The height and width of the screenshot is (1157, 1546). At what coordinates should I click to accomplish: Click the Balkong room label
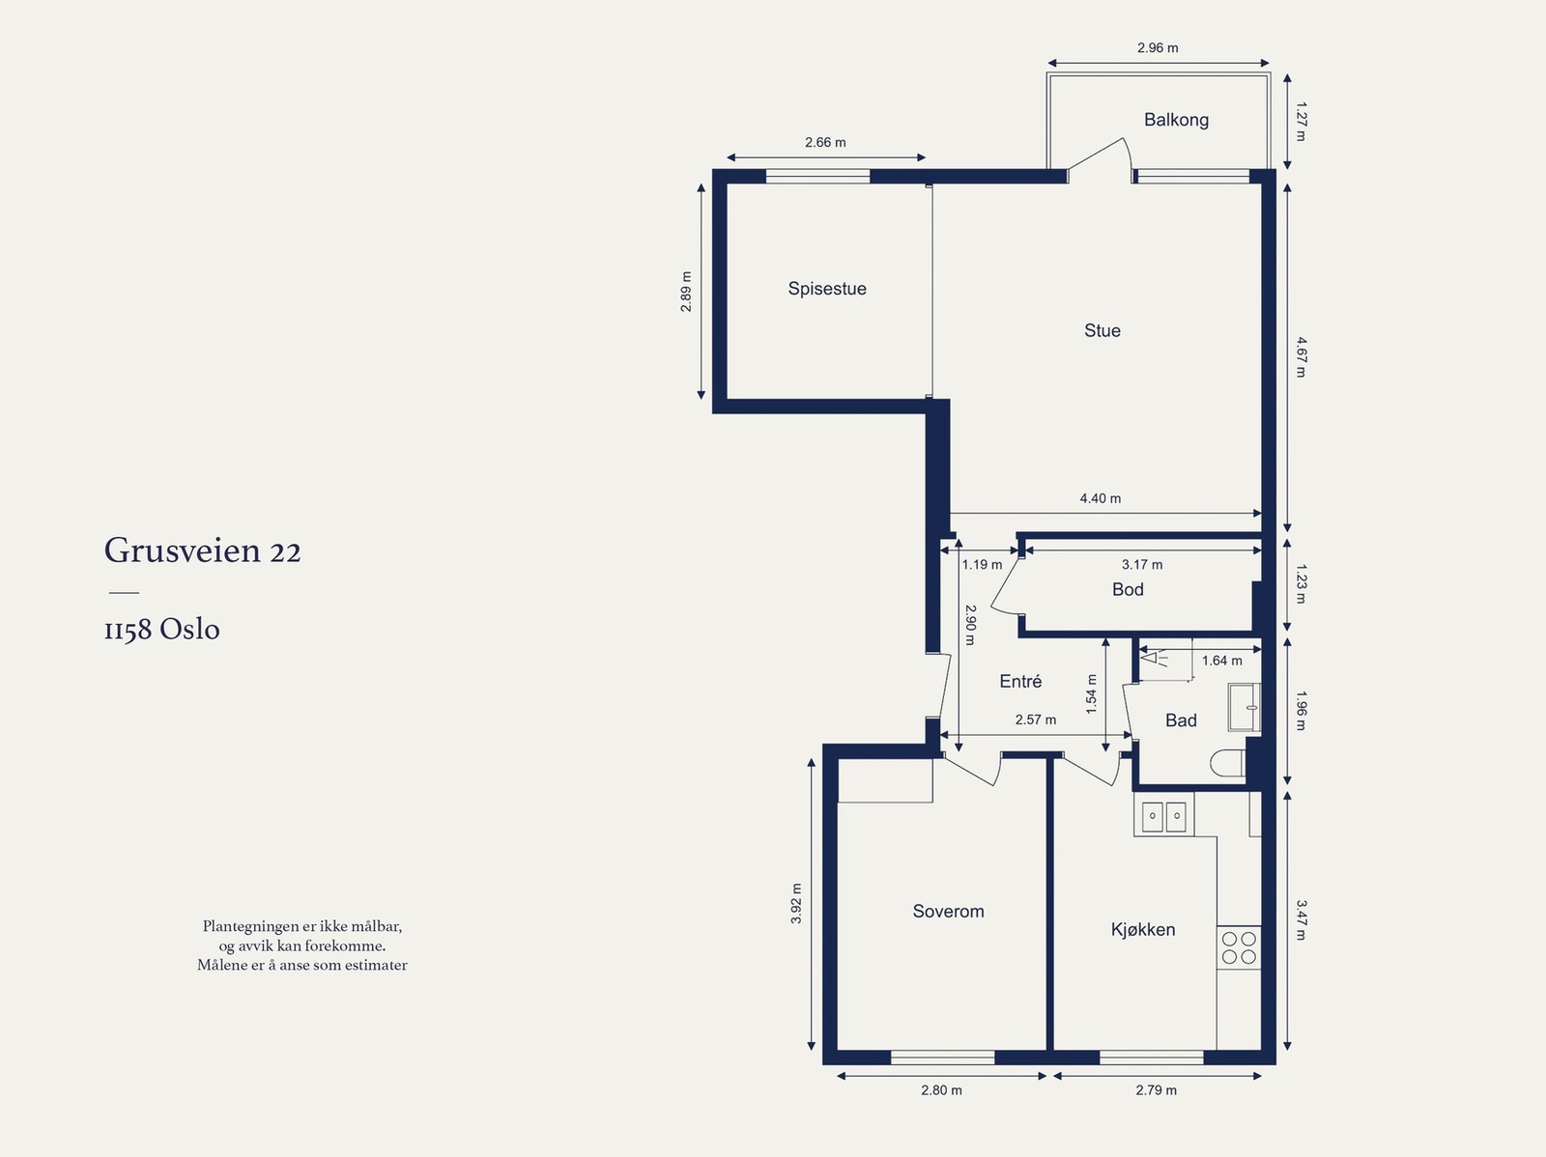[x=1176, y=121]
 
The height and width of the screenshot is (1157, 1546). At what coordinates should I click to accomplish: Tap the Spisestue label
[x=827, y=289]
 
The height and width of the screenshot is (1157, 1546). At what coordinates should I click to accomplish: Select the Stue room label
[x=1102, y=330]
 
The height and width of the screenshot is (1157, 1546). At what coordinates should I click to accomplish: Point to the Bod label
[x=1128, y=590]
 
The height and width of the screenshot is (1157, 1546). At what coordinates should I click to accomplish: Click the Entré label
[x=1020, y=681]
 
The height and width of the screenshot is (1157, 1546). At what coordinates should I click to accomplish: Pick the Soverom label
[x=948, y=912]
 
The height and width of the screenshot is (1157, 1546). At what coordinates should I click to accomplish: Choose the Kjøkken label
[x=1143, y=930]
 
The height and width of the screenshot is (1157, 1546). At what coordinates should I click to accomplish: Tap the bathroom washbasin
[x=1245, y=707]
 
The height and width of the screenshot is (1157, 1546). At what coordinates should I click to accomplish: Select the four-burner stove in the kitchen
[x=1239, y=947]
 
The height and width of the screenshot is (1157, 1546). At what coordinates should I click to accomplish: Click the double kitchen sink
[x=1163, y=816]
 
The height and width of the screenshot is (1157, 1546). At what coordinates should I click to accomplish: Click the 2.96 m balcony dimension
[x=1158, y=48]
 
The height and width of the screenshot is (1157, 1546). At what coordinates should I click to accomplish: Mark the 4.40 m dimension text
[x=1101, y=498]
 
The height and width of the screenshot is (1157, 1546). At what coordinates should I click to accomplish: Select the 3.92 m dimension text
[x=796, y=903]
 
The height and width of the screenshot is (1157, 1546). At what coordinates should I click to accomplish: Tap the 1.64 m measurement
[x=1222, y=661]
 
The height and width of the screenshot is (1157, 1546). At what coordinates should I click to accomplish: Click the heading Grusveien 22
[x=203, y=551]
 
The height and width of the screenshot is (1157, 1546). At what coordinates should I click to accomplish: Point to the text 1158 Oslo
[x=162, y=629]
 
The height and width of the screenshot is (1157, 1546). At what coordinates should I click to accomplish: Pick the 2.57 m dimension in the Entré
[x=1036, y=720]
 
